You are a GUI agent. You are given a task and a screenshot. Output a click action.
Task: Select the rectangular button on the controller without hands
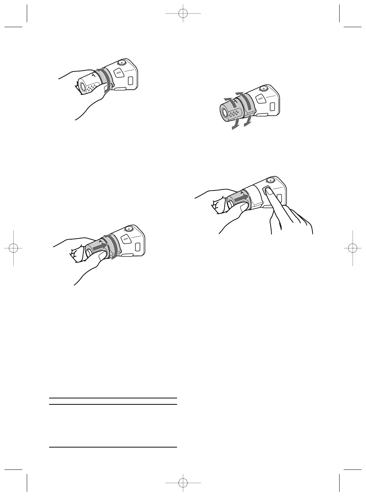[273, 106]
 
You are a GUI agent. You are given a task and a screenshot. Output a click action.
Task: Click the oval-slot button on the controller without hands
[260, 99]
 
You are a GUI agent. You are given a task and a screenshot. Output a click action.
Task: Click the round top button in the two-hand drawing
[270, 180]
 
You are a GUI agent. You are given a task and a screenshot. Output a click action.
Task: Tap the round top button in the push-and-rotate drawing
[129, 229]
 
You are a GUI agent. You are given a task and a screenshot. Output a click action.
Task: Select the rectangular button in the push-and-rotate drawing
[138, 247]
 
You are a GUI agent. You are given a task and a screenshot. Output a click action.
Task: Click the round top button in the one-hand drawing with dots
[121, 63]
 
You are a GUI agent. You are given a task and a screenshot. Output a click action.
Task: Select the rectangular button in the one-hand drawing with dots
[131, 80]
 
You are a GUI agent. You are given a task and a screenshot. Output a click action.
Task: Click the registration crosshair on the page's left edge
[13, 248]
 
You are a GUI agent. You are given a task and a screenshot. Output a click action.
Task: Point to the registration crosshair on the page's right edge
[353, 248]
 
